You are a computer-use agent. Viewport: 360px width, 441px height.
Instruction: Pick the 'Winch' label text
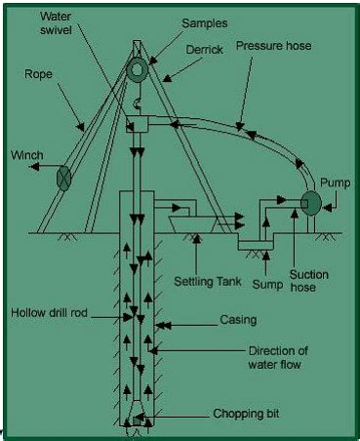click(x=26, y=154)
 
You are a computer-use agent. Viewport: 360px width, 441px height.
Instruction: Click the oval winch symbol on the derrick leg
click(x=65, y=178)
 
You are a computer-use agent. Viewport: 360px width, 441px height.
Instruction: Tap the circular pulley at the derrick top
click(x=139, y=69)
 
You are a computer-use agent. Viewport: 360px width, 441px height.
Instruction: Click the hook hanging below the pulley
click(x=139, y=100)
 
